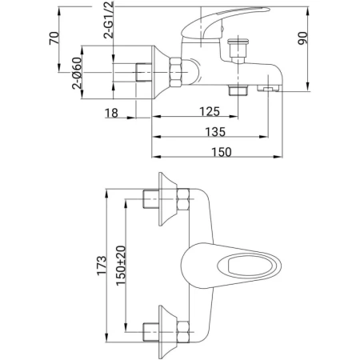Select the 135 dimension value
(x=215, y=130)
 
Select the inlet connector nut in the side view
(x=144, y=73)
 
